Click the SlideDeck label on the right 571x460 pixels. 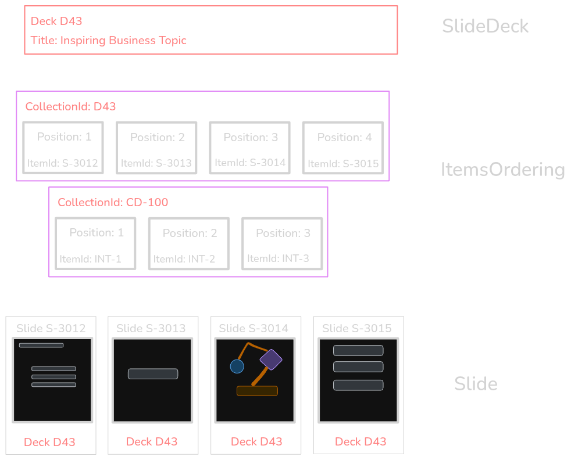(x=485, y=26)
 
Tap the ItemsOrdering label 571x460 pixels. (x=502, y=170)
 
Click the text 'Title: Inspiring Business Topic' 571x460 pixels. (x=109, y=41)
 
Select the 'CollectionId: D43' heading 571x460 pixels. (x=70, y=107)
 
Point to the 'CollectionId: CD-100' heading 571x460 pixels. (x=113, y=203)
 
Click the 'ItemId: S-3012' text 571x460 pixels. (x=63, y=163)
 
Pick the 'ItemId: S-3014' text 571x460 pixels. (x=250, y=163)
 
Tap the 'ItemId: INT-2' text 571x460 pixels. (x=184, y=259)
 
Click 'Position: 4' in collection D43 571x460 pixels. (x=344, y=138)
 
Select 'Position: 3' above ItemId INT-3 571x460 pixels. (x=283, y=233)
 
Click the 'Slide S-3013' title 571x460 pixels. (x=151, y=328)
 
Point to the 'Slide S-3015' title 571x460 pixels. (x=356, y=328)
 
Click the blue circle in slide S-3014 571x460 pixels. (x=237, y=366)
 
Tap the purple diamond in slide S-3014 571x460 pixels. (x=270, y=360)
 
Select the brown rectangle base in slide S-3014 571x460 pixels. (x=257, y=391)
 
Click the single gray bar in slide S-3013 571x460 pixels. (x=153, y=373)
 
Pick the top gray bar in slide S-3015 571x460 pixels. (x=358, y=350)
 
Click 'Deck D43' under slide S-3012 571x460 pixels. (x=49, y=442)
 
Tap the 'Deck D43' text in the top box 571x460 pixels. (x=56, y=21)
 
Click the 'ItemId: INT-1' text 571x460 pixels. (x=91, y=259)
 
